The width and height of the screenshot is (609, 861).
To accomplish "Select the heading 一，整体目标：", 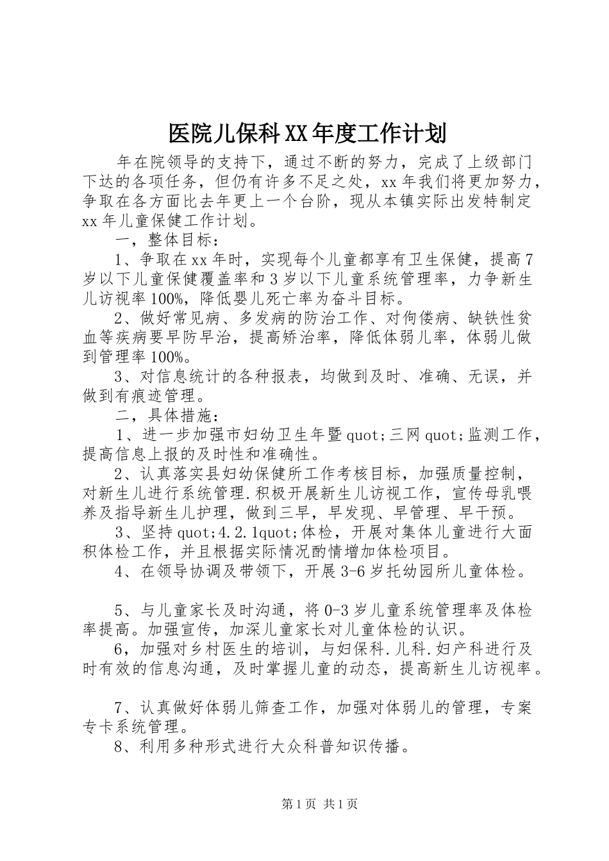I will (x=167, y=240).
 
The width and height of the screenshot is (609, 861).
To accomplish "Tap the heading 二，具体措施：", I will (x=167, y=417).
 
